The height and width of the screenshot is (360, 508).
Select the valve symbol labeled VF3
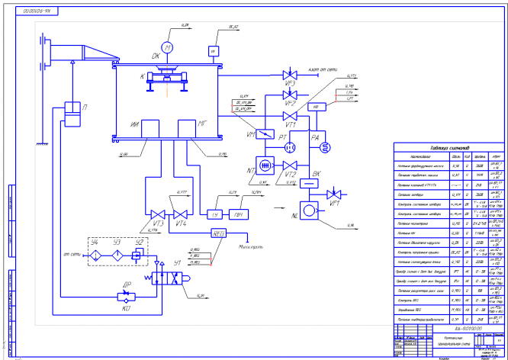pos(289,75)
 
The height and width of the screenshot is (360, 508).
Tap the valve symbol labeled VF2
pos(289,96)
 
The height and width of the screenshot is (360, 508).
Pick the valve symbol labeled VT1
pos(289,117)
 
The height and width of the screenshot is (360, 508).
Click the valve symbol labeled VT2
pos(290,166)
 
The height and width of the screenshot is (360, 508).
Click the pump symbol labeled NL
pos(312,210)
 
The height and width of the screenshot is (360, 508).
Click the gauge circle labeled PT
pos(289,144)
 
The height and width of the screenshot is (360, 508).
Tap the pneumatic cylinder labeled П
pos(73,114)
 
